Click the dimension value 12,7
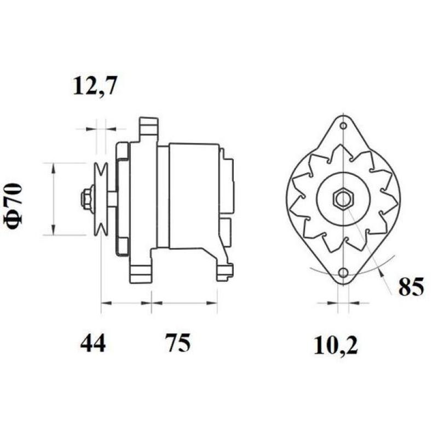pos(95,87)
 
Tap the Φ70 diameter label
pos(15,205)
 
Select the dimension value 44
pos(93,343)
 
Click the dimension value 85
pos(411,287)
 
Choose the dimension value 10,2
pos(336,345)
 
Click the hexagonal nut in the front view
pos(343,198)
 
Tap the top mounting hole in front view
pos(343,126)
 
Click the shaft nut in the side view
pos(86,198)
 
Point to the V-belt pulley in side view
pos(100,199)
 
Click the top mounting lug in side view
pos(148,129)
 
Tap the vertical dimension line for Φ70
pos(53,199)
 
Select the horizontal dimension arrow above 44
pos(126,302)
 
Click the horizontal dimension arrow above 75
pos(185,302)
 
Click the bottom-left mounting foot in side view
pos(140,272)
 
